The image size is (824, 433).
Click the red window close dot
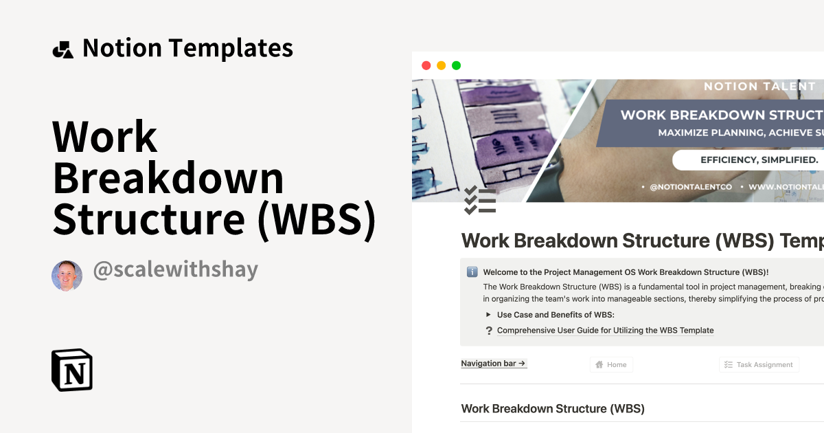(426, 65)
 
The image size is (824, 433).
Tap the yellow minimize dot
(441, 65)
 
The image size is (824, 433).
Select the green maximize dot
(456, 65)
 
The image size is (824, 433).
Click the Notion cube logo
(72, 370)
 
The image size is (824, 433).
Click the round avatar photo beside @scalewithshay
(67, 275)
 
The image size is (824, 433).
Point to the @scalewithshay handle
(175, 269)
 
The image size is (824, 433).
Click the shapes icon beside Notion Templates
(62, 49)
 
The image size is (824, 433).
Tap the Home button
(611, 365)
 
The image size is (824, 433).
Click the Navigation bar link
(494, 364)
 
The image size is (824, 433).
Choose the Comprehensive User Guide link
(605, 331)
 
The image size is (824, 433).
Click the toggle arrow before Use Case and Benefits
(488, 315)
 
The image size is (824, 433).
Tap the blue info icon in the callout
(472, 272)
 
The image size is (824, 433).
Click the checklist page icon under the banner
(479, 200)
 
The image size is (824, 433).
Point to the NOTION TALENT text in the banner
(759, 87)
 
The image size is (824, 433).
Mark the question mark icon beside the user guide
(489, 331)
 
